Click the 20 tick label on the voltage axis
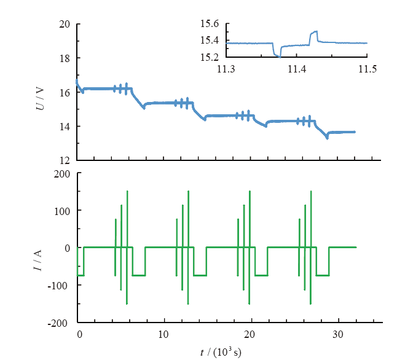coord(65,25)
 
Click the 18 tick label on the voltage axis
coord(65,58)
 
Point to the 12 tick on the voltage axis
coord(65,160)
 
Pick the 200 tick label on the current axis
coord(61,174)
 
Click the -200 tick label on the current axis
coord(60,323)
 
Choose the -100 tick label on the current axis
coord(60,285)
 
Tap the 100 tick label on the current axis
coord(61,211)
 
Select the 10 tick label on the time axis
coord(163,335)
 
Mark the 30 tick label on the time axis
coord(337,335)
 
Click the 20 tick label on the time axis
coord(250,335)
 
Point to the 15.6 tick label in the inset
coord(210,24)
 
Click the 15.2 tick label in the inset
coord(210,57)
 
